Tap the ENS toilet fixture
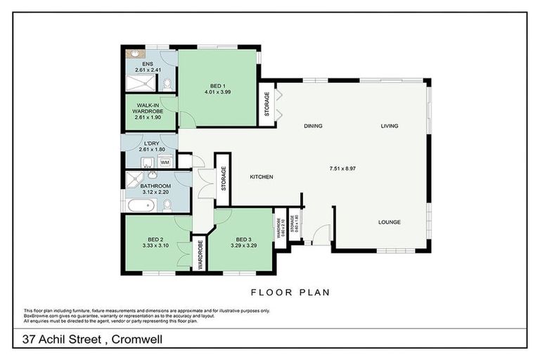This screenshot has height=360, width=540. pos(167,84)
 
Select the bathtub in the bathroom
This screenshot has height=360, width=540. pos(141,206)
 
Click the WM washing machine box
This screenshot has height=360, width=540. pos(165,162)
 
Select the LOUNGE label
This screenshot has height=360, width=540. pos(389,222)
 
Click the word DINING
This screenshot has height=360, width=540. pos(313,127)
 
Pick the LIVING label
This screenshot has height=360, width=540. pos(390,127)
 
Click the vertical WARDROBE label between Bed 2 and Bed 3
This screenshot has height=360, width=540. pos(200,255)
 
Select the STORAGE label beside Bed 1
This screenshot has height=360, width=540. pos(266,105)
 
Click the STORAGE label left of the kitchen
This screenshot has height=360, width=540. pos(224,179)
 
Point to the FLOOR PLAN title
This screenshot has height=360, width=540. pos(290,292)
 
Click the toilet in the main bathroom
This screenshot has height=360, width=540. pos(167,205)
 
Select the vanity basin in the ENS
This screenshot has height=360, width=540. pos(134,53)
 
